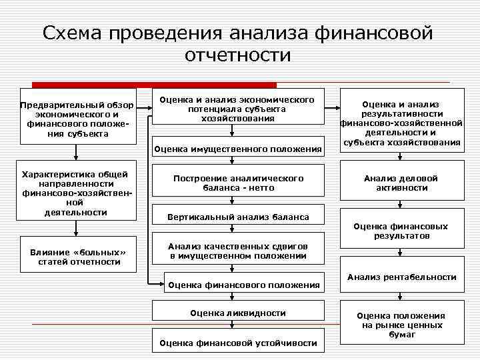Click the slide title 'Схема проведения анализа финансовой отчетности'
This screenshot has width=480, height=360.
[238, 43]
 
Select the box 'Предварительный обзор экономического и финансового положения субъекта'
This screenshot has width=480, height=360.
[77, 116]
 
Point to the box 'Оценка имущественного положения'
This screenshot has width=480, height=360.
[237, 149]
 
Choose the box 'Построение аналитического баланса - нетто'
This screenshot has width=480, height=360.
[237, 183]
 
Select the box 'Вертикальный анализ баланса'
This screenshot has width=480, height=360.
[238, 217]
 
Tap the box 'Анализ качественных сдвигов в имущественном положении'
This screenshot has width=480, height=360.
[237, 250]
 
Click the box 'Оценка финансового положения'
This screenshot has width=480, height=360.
[243, 285]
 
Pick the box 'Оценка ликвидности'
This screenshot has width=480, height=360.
[237, 313]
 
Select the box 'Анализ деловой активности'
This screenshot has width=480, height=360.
[400, 183]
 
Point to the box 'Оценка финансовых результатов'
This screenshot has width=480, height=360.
[400, 231]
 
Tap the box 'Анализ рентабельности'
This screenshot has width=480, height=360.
[401, 277]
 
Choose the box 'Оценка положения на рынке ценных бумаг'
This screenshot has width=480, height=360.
[401, 325]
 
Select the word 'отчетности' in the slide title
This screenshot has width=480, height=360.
[238, 55]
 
